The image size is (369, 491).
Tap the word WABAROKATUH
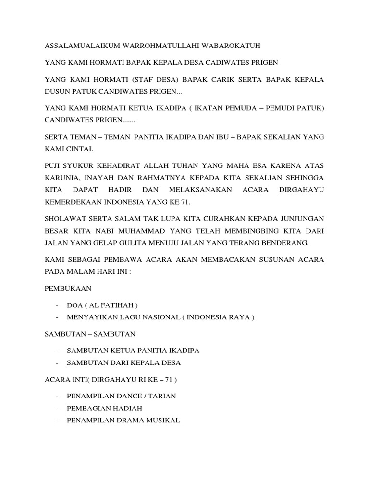tap(234, 46)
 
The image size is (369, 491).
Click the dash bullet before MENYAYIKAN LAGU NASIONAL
tap(57, 317)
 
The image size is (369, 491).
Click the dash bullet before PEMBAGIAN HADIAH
tap(57, 408)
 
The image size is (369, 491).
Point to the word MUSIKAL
tap(161, 421)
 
